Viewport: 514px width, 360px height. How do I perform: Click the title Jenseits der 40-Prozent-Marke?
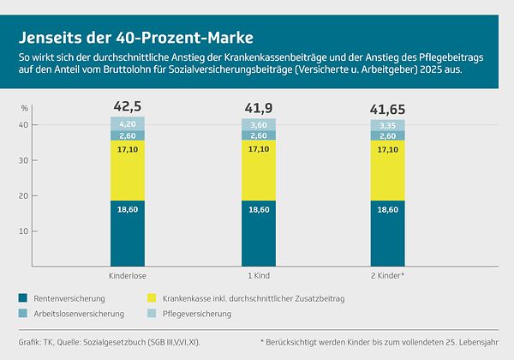pos(136,39)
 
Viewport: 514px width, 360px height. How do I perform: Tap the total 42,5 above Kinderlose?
pos(127,106)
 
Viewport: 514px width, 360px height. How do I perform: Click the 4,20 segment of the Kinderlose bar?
pos(127,123)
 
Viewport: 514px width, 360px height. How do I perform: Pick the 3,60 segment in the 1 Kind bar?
pos(258,125)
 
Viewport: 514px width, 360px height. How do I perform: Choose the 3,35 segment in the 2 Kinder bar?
pos(387,125)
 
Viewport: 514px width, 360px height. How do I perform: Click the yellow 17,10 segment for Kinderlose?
pos(127,171)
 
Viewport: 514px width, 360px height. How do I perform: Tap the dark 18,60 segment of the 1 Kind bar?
pos(258,233)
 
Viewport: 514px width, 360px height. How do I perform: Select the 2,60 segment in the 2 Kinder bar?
pos(387,136)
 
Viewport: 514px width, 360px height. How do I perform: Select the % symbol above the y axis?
pos(26,107)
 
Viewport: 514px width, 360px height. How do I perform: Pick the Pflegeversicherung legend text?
pos(197,315)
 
